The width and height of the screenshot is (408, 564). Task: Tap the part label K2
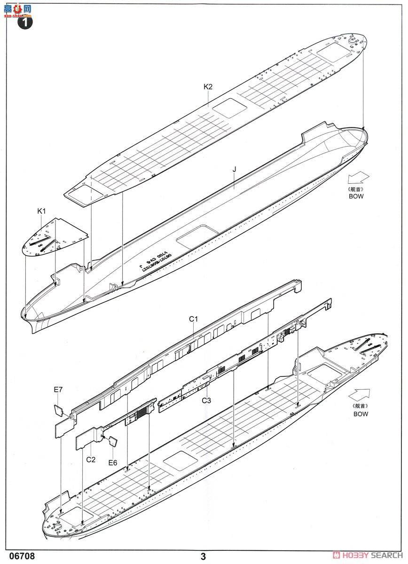(x=208, y=87)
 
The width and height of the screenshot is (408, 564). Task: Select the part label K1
(x=41, y=211)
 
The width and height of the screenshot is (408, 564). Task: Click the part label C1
(x=193, y=319)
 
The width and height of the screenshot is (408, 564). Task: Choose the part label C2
(x=91, y=459)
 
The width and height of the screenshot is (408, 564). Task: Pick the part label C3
(x=206, y=400)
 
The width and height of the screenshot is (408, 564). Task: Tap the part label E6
(x=112, y=462)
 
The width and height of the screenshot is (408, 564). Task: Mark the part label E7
(x=58, y=389)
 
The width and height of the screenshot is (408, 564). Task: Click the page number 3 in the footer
(x=203, y=556)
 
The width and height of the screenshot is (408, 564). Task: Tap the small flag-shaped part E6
(x=113, y=442)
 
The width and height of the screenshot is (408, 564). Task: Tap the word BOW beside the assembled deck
(x=361, y=414)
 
